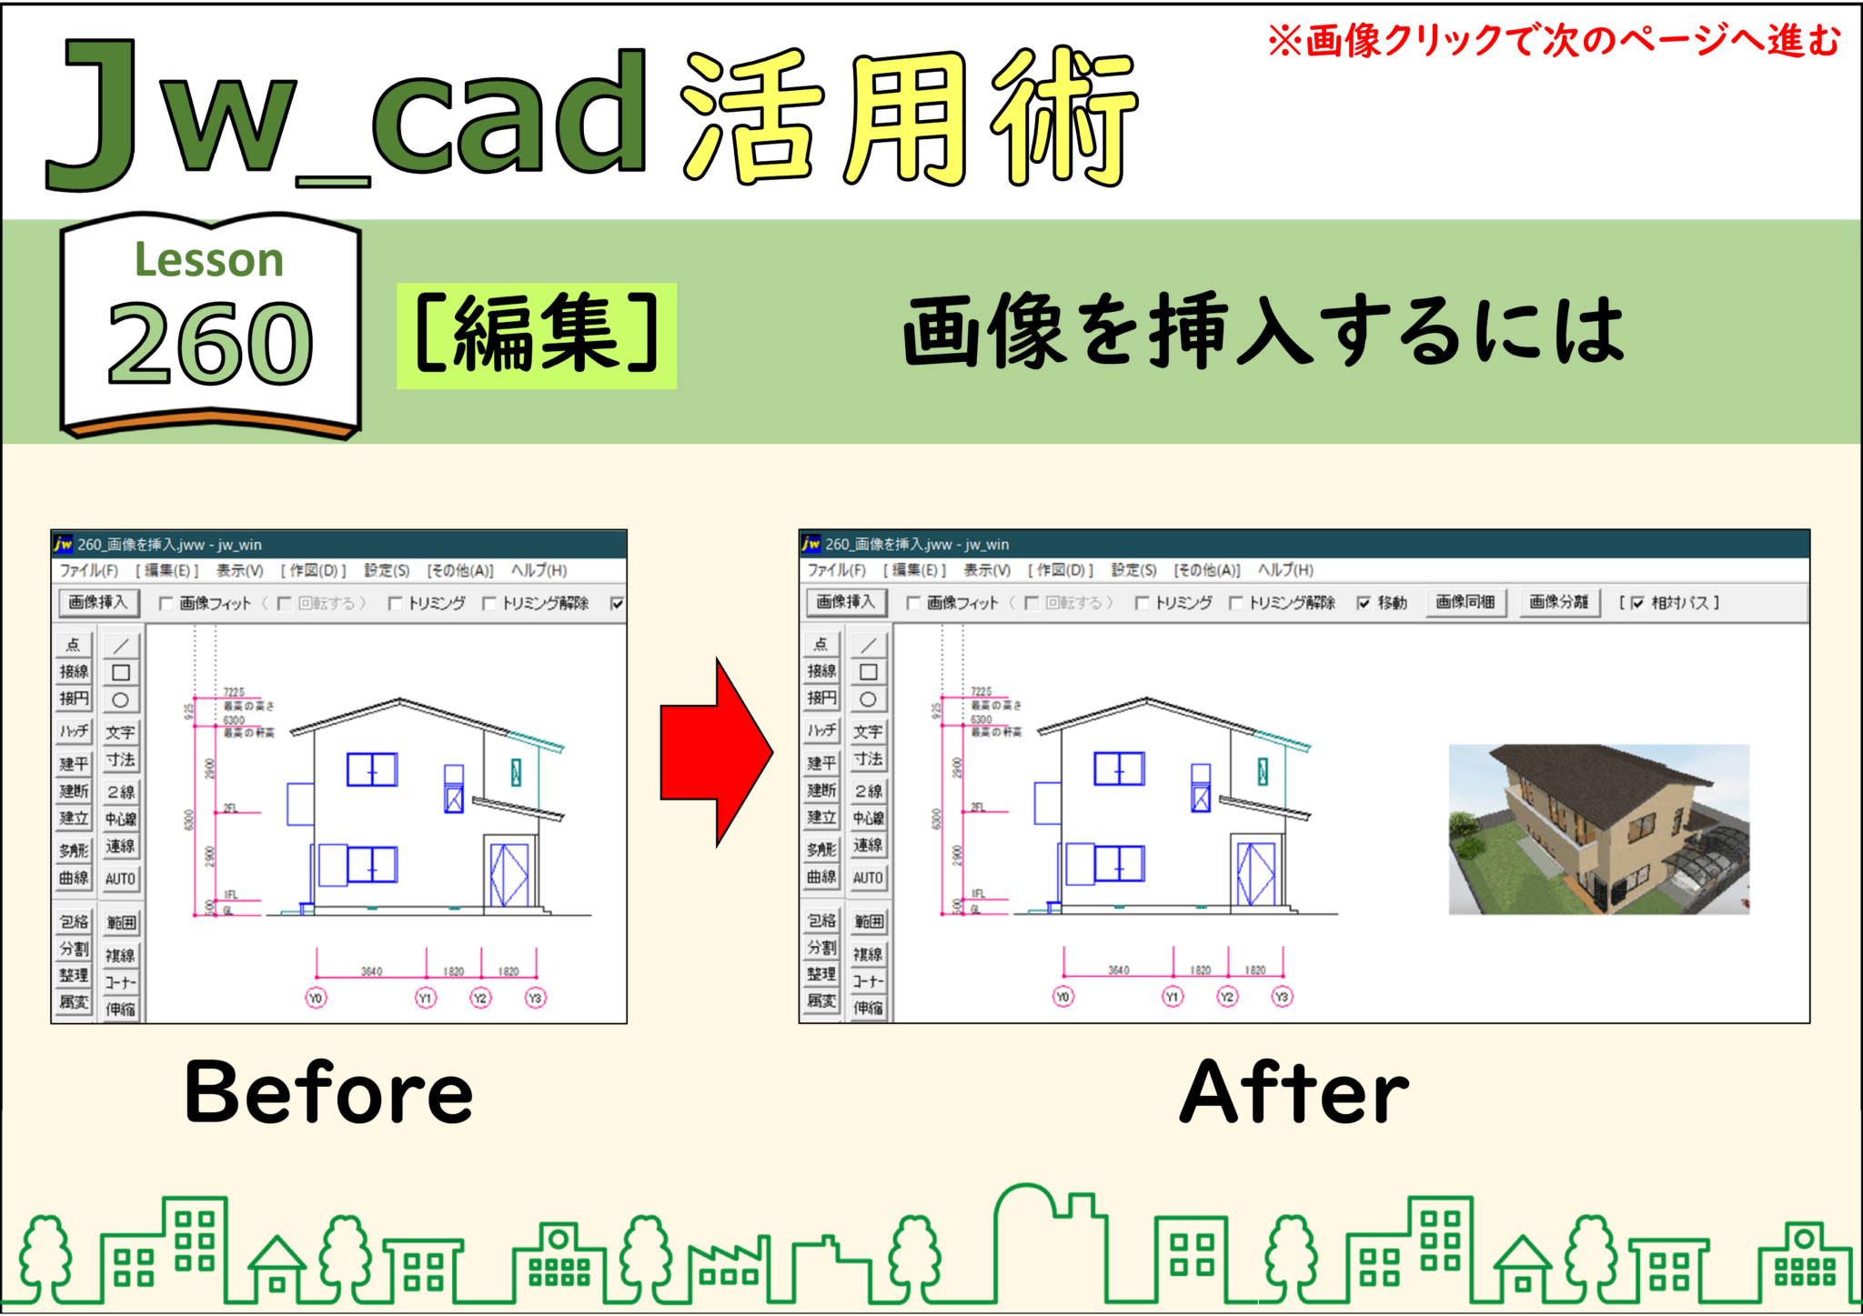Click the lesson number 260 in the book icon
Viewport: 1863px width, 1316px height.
(210, 344)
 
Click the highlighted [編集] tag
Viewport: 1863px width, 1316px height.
(536, 335)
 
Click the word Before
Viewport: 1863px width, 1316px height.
(328, 1092)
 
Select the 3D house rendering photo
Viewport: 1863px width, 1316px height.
(1598, 829)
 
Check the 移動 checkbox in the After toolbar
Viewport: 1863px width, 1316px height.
(1364, 603)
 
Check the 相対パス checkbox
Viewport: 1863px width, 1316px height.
(1636, 603)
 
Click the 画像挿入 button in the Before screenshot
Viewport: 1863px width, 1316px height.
(99, 602)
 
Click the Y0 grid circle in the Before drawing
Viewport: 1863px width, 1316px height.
(316, 998)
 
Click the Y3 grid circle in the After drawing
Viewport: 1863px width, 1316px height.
(1282, 997)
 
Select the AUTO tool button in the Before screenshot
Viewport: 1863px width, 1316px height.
(120, 879)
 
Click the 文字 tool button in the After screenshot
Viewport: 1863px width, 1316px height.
(868, 731)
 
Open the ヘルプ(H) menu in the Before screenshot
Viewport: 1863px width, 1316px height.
(539, 570)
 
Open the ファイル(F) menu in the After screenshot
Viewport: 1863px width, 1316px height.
(836, 569)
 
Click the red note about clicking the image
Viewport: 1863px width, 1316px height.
(1554, 41)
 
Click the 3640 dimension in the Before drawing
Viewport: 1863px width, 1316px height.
(371, 971)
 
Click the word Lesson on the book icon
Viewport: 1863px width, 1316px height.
(209, 260)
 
